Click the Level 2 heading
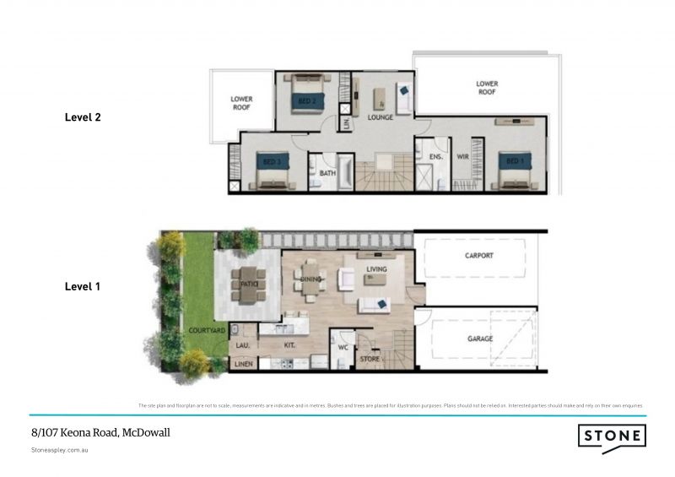tap(83, 117)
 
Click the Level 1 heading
tap(83, 286)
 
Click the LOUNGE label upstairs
tap(381, 117)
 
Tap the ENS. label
tap(436, 157)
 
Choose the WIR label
tap(462, 157)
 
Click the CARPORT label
tap(478, 255)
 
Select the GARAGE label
tap(478, 339)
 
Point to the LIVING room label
tap(376, 269)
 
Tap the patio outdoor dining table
tap(248, 285)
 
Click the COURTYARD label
tap(206, 330)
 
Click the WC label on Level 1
tap(343, 345)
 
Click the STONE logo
tap(613, 437)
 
